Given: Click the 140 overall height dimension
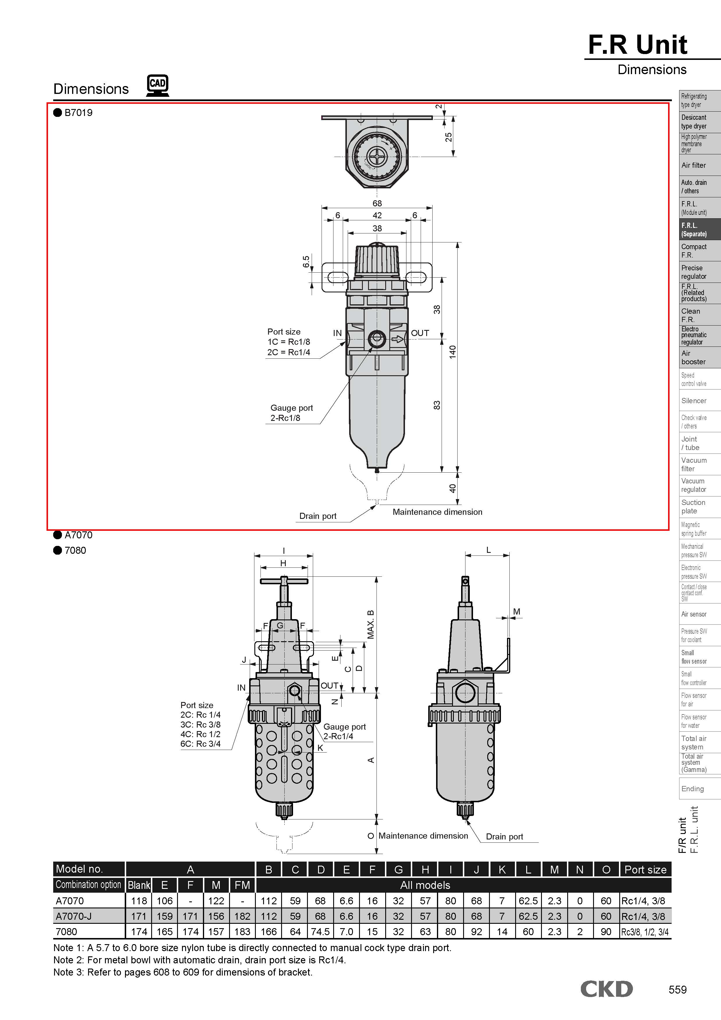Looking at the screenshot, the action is coord(452,352).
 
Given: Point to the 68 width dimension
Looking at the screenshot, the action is coord(377,203).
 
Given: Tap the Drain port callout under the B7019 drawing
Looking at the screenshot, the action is coord(318,516).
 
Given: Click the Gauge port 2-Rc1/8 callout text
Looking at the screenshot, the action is coord(291,413).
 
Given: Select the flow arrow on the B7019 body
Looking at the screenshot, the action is coord(397,340).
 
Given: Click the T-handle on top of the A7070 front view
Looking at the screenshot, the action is coord(284,581).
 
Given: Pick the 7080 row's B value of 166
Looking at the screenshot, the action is coord(269,932).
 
